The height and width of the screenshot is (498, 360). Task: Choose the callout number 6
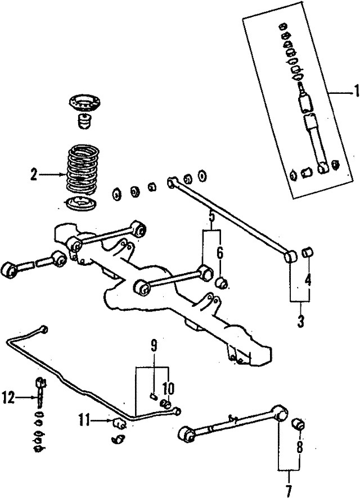point(220,253)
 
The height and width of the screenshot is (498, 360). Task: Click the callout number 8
point(299,448)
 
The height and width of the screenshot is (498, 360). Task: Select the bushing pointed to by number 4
point(308,252)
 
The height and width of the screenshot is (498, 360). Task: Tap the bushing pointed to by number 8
point(299,423)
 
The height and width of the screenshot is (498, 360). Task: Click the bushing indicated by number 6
point(222,282)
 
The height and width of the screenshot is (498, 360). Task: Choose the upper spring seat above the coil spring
point(83,105)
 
